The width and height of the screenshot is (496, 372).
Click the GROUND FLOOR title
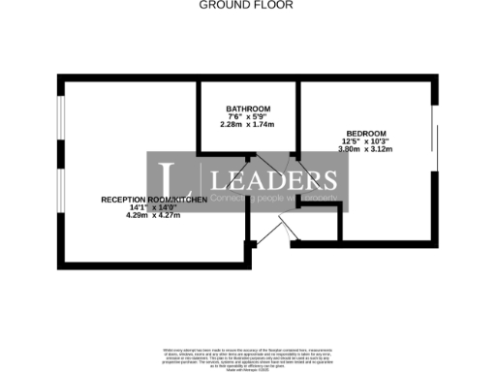click(246, 5)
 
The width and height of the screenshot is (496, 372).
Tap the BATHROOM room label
click(248, 108)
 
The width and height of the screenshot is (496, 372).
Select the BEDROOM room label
click(367, 133)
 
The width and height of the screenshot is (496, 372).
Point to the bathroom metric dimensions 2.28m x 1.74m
click(248, 125)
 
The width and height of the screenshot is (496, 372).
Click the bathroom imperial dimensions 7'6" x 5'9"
click(248, 116)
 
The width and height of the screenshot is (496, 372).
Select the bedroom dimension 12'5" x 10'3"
click(367, 141)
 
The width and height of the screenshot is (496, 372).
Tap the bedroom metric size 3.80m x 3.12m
click(367, 149)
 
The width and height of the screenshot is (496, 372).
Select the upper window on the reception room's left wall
click(59, 121)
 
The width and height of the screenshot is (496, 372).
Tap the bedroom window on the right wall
click(434, 150)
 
